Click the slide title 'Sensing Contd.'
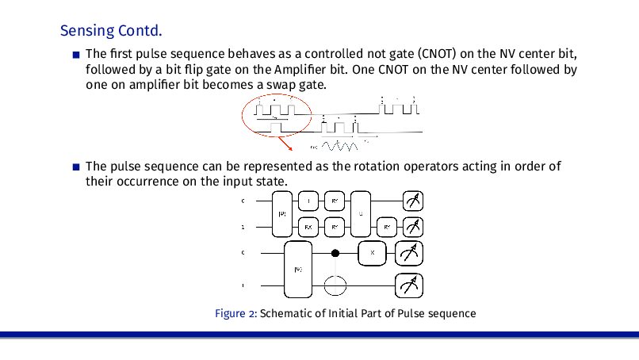pyautogui.click(x=111, y=32)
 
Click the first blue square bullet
pyautogui.click(x=75, y=55)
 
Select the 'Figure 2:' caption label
pyautogui.click(x=235, y=313)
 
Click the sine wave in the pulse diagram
pyautogui.click(x=342, y=146)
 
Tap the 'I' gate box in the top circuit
pyautogui.click(x=309, y=201)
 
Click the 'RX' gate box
pyautogui.click(x=309, y=227)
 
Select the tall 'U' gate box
pyautogui.click(x=361, y=213)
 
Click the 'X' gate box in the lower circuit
pyautogui.click(x=373, y=254)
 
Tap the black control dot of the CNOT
pyautogui.click(x=335, y=254)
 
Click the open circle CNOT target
pyautogui.click(x=335, y=283)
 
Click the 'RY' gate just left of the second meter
pyautogui.click(x=387, y=227)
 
